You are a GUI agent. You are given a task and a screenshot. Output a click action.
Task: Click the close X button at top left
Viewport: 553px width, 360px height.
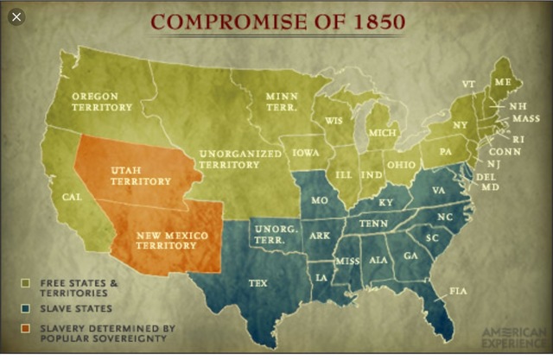coord(16,16)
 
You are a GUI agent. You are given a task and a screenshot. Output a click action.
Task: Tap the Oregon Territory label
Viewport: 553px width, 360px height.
coord(102,102)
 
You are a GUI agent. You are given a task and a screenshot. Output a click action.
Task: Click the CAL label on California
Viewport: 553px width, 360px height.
coord(73,197)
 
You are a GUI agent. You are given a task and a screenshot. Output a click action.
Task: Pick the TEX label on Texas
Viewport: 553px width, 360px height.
coord(258,283)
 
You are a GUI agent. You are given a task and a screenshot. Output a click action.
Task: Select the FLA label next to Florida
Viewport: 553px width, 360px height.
coord(458,292)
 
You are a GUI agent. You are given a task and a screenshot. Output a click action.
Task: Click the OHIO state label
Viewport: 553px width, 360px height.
coord(400,165)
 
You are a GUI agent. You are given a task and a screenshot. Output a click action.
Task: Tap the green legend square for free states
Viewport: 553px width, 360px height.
coord(27,282)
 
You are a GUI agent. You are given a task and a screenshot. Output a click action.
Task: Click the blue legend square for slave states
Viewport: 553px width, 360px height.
coord(27,308)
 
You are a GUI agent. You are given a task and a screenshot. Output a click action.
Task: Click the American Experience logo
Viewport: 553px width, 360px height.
coord(515,337)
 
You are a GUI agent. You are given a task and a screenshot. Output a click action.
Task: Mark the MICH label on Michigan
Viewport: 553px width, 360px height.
coord(382,133)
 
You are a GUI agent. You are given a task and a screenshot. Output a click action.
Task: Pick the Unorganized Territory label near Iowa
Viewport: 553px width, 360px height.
coord(240,159)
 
